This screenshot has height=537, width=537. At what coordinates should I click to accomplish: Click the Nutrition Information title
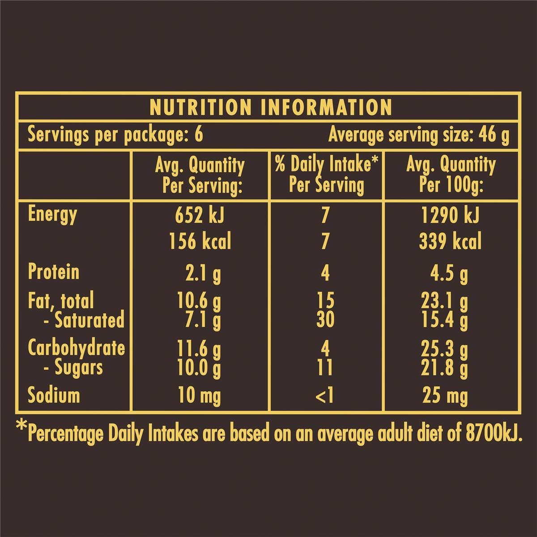270,107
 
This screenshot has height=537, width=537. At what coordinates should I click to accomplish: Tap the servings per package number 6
198,134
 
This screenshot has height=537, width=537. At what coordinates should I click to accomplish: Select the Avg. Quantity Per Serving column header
200,175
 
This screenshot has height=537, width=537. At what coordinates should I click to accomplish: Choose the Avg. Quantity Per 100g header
451,175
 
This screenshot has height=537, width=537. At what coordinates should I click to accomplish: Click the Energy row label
52,215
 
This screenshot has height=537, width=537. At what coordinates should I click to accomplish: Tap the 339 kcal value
450,242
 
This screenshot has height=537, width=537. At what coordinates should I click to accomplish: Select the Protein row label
53,272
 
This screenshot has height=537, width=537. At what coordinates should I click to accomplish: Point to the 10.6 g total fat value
199,302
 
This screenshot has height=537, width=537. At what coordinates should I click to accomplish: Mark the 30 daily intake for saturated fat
325,320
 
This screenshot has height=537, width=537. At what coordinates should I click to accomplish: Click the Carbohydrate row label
76,348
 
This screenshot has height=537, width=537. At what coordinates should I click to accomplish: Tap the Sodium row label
54,395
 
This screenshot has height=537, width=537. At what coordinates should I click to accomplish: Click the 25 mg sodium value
445,396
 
